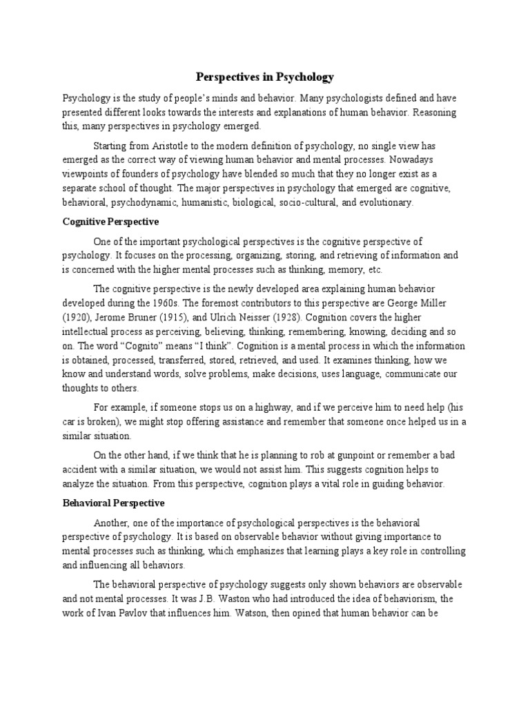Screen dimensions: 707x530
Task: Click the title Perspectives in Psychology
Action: pos(265,77)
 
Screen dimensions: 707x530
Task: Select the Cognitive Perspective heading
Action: pos(110,222)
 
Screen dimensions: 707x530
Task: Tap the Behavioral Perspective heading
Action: pos(114,503)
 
